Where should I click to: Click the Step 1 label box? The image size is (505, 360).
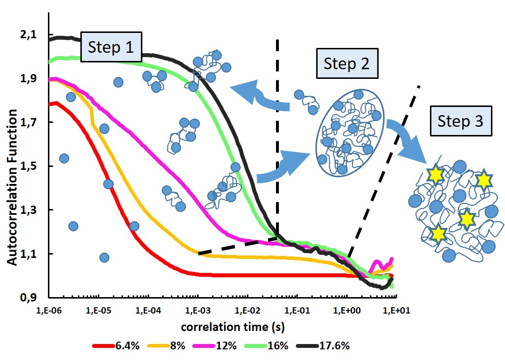click(111, 48)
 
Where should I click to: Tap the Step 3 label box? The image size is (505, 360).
click(460, 120)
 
